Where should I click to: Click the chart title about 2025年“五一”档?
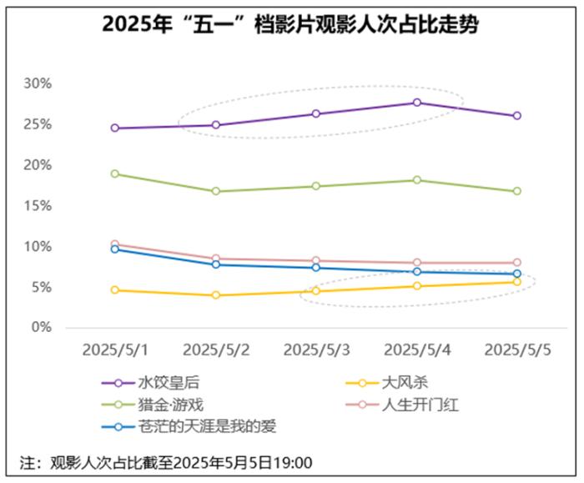coord(291,24)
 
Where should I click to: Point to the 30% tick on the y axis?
coord(38,83)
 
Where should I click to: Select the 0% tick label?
coord(41,328)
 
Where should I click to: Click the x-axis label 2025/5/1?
coord(115,348)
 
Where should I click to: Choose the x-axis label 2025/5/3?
coord(315,348)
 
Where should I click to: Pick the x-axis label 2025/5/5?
coord(516,348)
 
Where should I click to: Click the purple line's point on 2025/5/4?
coord(416,103)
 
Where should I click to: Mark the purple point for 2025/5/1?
coord(115,128)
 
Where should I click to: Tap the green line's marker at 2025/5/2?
coord(216,191)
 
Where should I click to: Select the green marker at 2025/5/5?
coord(517,191)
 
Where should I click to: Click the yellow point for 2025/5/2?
coord(216,295)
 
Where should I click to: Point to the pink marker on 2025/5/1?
coord(115,244)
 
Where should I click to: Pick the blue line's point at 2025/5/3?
coord(316,268)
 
